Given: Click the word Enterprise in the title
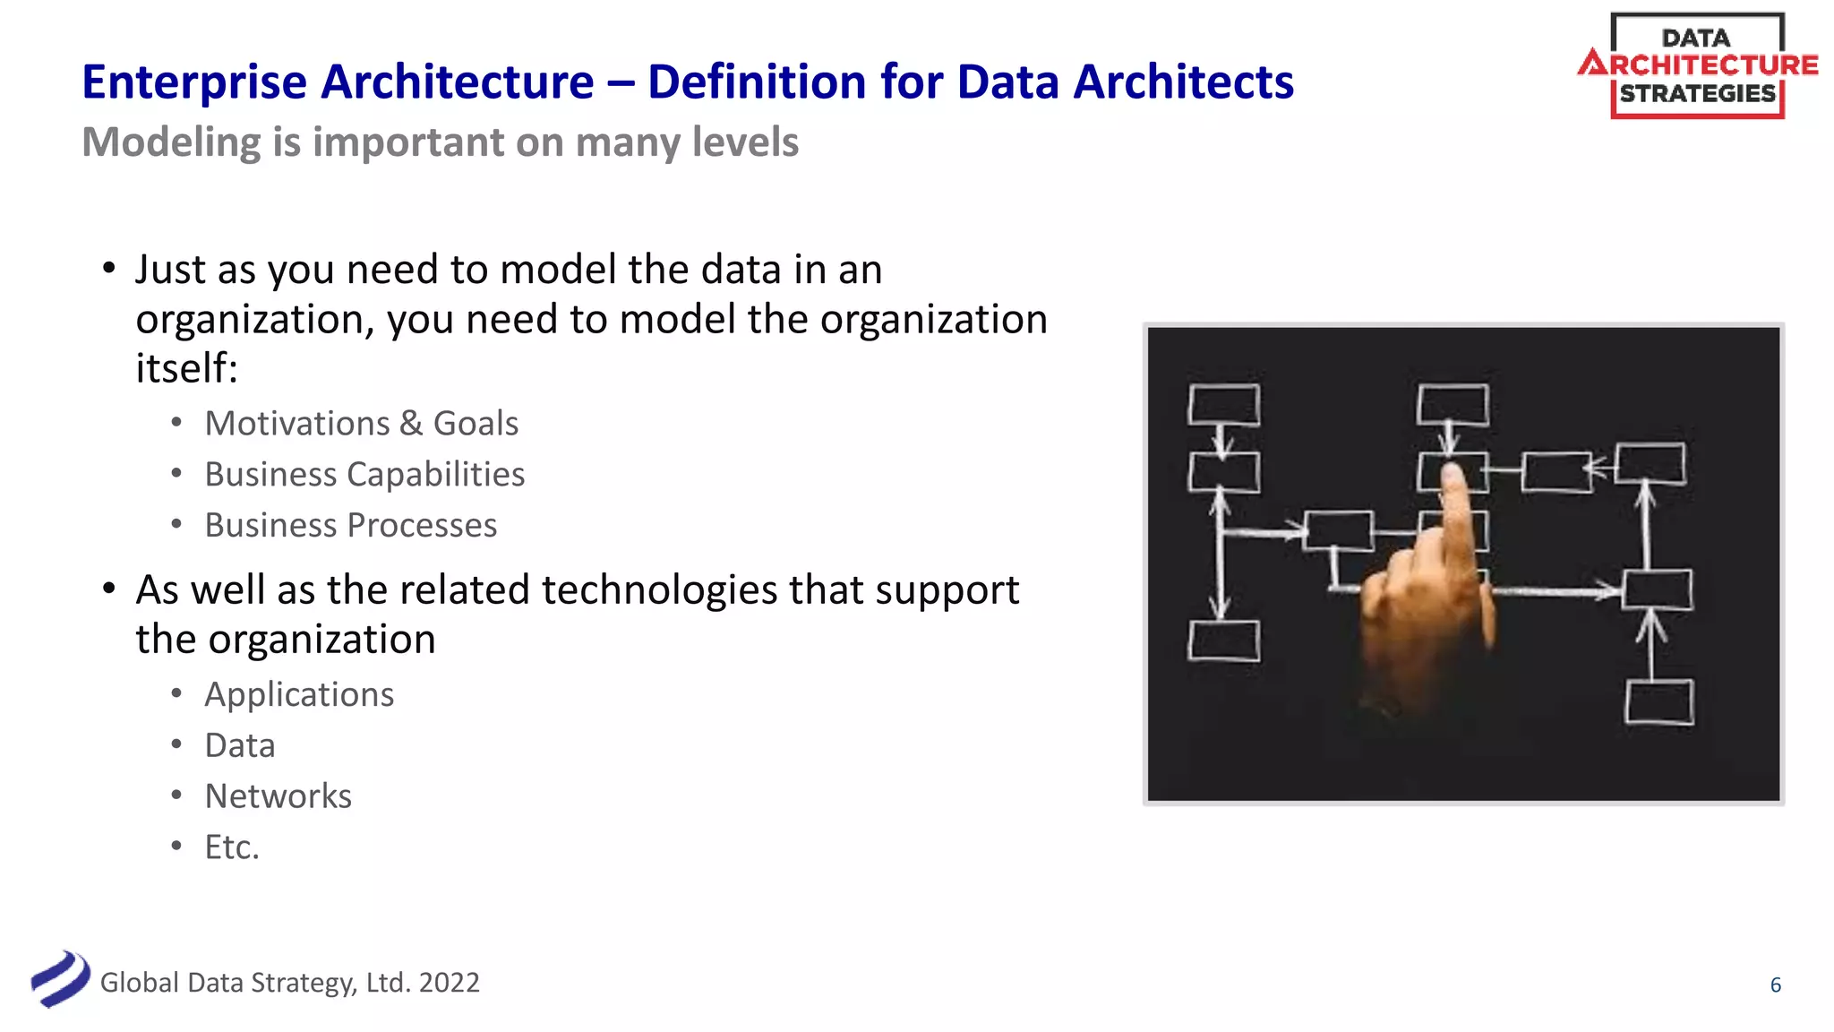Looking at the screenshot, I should coord(194,82).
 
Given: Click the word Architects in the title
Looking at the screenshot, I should coord(1183,82).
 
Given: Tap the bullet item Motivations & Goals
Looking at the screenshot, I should coord(361,424).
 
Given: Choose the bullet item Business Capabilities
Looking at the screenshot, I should coord(364,475).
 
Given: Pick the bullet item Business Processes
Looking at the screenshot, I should coord(350,526).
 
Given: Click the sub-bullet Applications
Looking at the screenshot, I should coord(299,695).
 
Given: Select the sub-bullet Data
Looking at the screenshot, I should coord(239,746).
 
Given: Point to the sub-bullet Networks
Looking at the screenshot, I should coord(278,796).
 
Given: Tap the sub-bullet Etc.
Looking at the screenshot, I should coord(232,847).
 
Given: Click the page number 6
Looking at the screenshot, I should coord(1775,985).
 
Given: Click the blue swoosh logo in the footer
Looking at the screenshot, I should coord(60,979).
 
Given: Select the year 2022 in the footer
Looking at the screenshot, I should coord(449,983).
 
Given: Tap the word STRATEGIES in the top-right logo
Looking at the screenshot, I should coord(1697,94).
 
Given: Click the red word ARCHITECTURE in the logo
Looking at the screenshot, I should coord(1698,64).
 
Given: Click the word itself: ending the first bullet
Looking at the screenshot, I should coord(186,368).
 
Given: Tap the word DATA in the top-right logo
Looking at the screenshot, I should coord(1695,38).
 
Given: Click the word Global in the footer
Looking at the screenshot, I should coord(140,983).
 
